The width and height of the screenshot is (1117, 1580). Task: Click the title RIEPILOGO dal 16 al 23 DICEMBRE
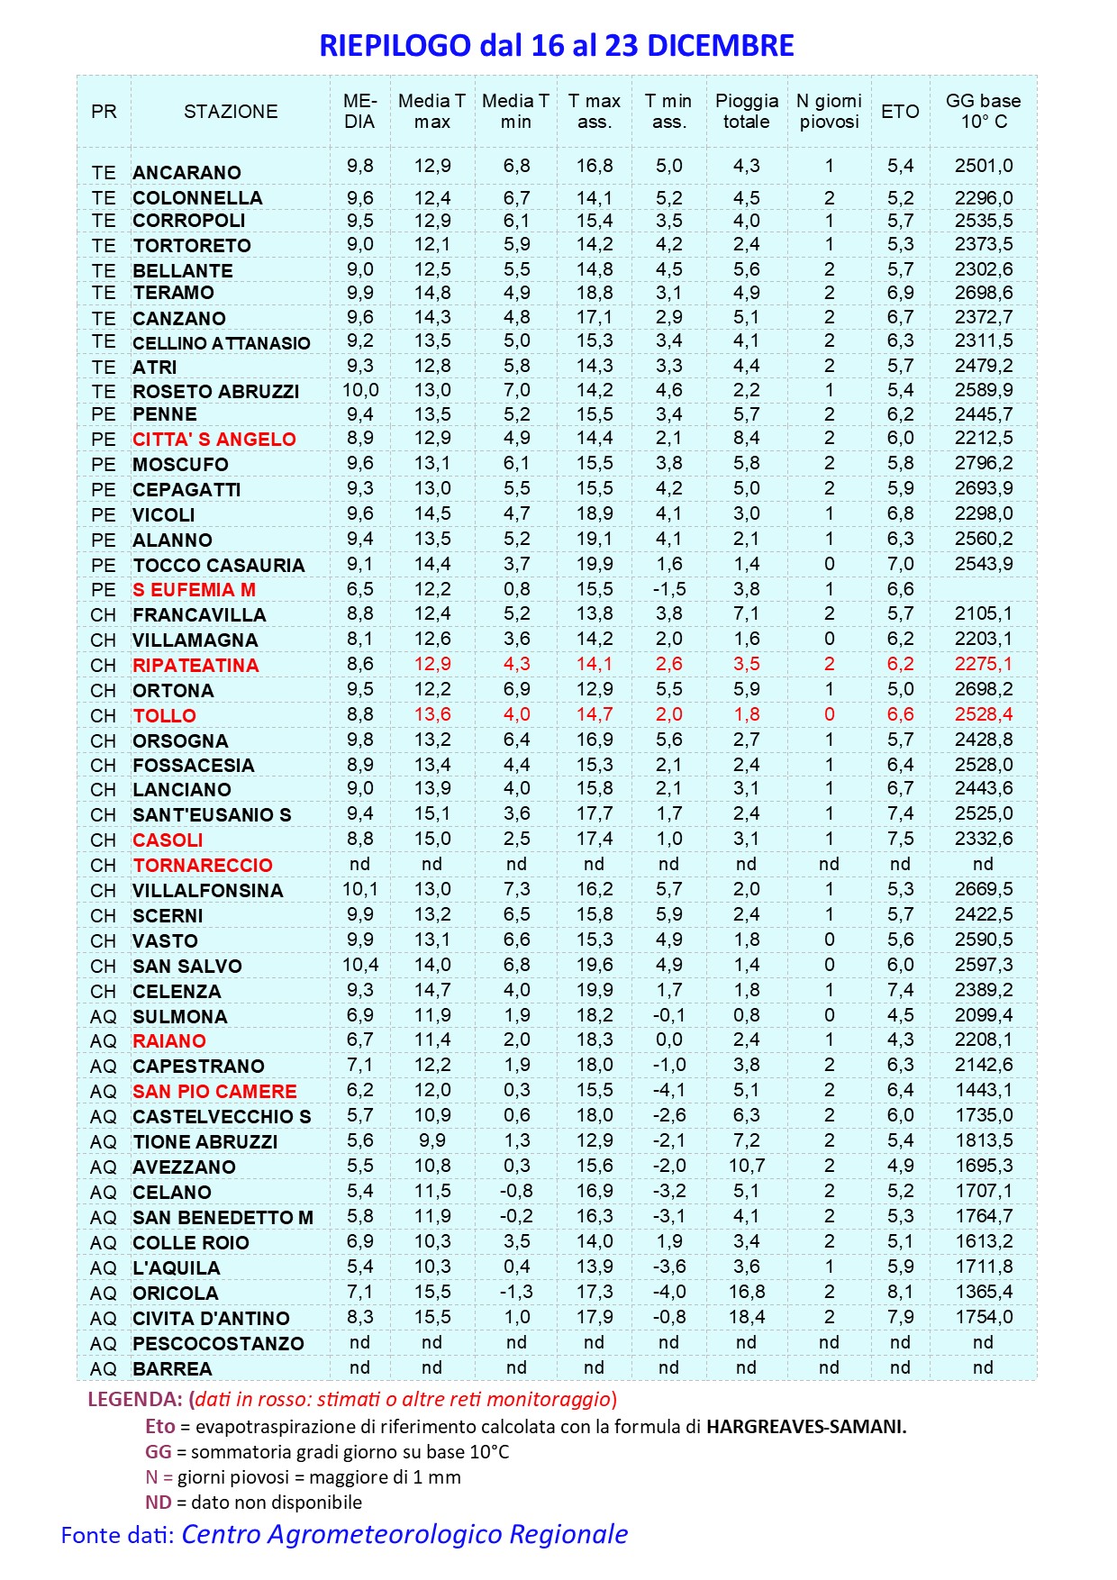(x=557, y=45)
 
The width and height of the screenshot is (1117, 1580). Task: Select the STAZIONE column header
(x=231, y=112)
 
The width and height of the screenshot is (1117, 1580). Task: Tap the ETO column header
(x=900, y=112)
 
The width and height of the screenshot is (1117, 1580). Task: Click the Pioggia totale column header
(x=747, y=112)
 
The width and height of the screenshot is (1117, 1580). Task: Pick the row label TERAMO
(x=174, y=293)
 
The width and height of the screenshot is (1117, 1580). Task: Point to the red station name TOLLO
(x=165, y=716)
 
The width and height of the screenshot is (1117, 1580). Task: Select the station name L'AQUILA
(x=177, y=1267)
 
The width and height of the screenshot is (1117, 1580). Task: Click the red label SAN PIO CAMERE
(x=214, y=1091)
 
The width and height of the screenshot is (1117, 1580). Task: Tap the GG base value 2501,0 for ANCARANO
(x=984, y=166)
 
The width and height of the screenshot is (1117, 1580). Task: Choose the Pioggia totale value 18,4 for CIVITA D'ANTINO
(x=747, y=1317)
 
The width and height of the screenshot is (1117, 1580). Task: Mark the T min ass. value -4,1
(x=669, y=1090)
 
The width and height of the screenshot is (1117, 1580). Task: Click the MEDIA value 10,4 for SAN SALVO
(x=360, y=965)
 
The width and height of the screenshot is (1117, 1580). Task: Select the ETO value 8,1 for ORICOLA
(x=900, y=1292)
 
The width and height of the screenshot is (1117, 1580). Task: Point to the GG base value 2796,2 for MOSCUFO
(x=984, y=463)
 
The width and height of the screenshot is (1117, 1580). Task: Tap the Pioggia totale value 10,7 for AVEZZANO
(x=747, y=1166)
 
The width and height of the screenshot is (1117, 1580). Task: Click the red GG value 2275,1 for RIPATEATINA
(x=984, y=664)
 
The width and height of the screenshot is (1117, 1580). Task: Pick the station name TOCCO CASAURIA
(x=219, y=566)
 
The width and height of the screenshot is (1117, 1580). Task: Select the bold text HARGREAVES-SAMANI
(x=806, y=1427)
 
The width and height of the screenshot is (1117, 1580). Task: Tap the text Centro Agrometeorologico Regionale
(x=404, y=1534)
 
